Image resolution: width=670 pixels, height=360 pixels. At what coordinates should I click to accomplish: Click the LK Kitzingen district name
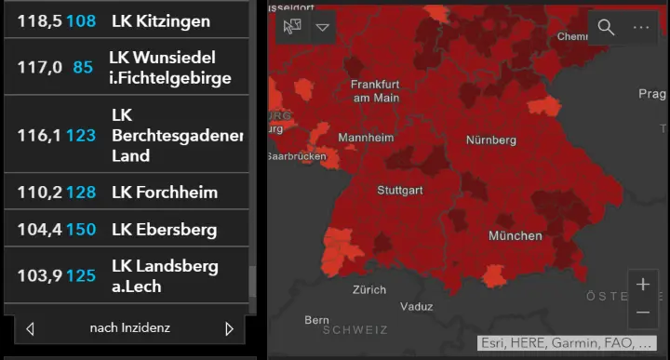[x=160, y=20]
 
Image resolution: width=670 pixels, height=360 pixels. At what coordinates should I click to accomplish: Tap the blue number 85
[x=83, y=67]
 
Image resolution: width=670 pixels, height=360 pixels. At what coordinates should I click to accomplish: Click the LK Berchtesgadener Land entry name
[x=176, y=135]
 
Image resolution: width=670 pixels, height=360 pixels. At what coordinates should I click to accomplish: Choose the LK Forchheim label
[x=164, y=193]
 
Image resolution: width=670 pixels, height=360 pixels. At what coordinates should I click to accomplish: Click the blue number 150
[x=81, y=229]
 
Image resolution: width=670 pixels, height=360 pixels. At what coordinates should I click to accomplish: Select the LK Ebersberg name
[x=164, y=229]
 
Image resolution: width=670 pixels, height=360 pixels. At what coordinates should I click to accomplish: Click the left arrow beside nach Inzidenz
[x=30, y=328]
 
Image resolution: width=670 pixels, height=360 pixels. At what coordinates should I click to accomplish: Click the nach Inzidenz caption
[x=129, y=328]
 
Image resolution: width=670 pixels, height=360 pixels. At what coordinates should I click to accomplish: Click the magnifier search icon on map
[x=606, y=27]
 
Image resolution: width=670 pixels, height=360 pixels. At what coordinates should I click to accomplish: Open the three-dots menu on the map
[x=641, y=27]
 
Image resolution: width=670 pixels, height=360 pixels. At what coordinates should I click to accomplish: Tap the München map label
[x=515, y=235]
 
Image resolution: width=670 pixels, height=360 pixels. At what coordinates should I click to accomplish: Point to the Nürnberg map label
[x=490, y=140]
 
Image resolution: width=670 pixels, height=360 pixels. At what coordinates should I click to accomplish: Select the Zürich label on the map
[x=368, y=289]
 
